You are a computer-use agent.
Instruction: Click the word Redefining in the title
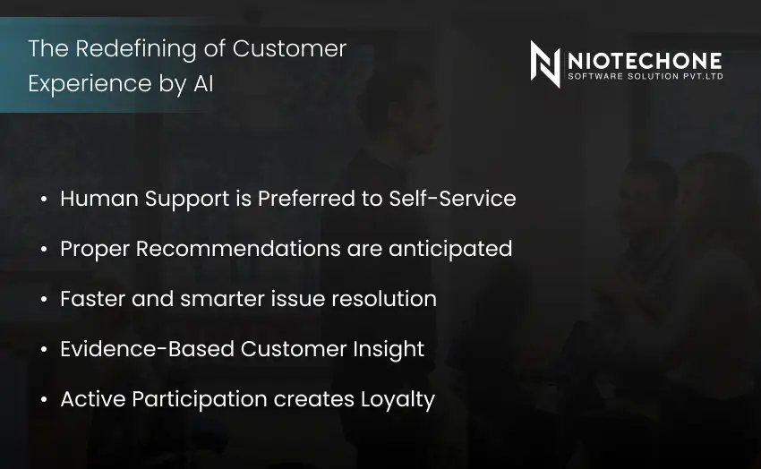[128, 48]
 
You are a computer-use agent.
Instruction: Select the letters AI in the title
[203, 83]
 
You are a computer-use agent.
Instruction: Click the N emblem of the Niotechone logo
[544, 64]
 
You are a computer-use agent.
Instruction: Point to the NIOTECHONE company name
[645, 60]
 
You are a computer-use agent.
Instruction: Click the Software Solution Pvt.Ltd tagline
[645, 76]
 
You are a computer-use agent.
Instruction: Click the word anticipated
[450, 249]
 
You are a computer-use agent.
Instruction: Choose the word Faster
[92, 299]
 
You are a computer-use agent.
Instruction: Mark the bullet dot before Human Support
[44, 200]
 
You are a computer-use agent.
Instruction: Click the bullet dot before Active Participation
[44, 400]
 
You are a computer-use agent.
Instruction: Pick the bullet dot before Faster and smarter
[44, 300]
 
